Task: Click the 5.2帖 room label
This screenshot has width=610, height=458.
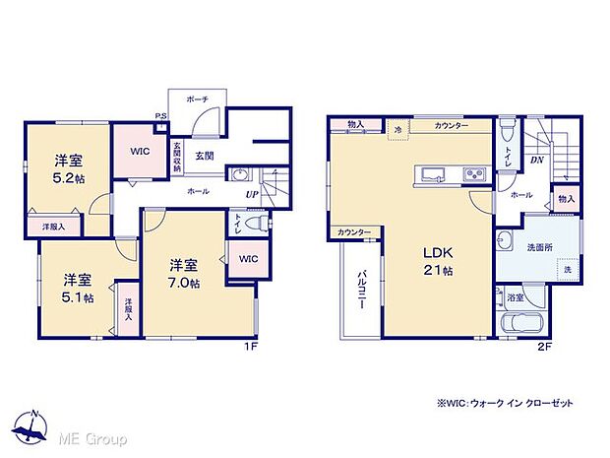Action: point(67,171)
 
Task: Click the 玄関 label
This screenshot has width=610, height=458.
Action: point(205,156)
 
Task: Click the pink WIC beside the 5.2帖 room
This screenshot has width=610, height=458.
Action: point(133,153)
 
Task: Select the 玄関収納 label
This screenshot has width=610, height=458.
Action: point(177,158)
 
